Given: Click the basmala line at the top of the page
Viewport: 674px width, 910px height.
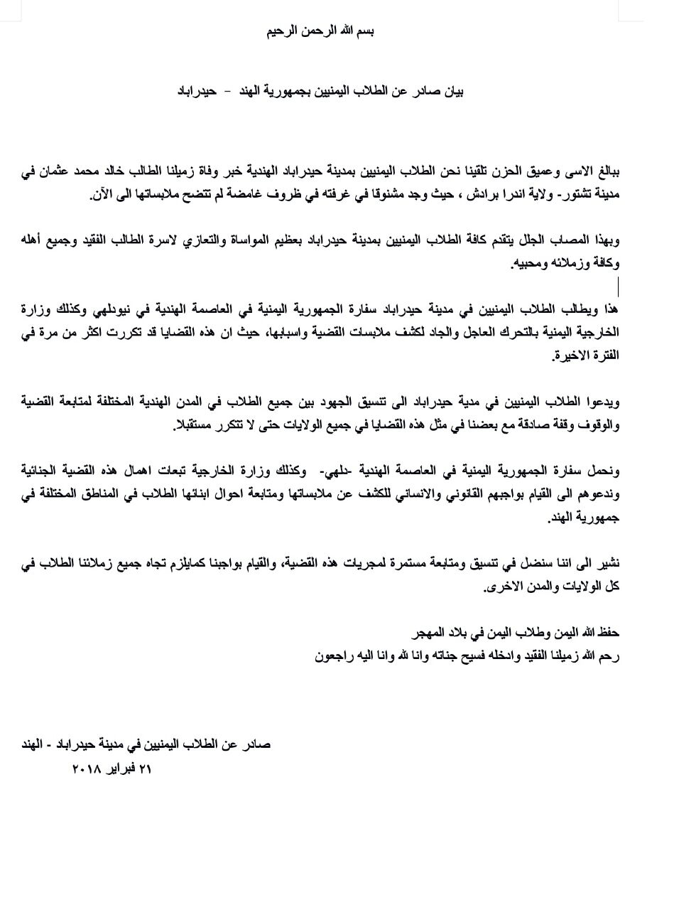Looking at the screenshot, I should tap(320, 31).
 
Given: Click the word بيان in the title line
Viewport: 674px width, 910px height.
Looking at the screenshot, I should tap(452, 92).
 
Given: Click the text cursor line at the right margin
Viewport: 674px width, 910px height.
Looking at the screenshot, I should tap(619, 287).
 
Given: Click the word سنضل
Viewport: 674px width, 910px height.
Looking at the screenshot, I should tap(525, 564).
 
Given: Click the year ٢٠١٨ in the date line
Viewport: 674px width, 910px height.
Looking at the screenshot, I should tap(87, 769).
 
